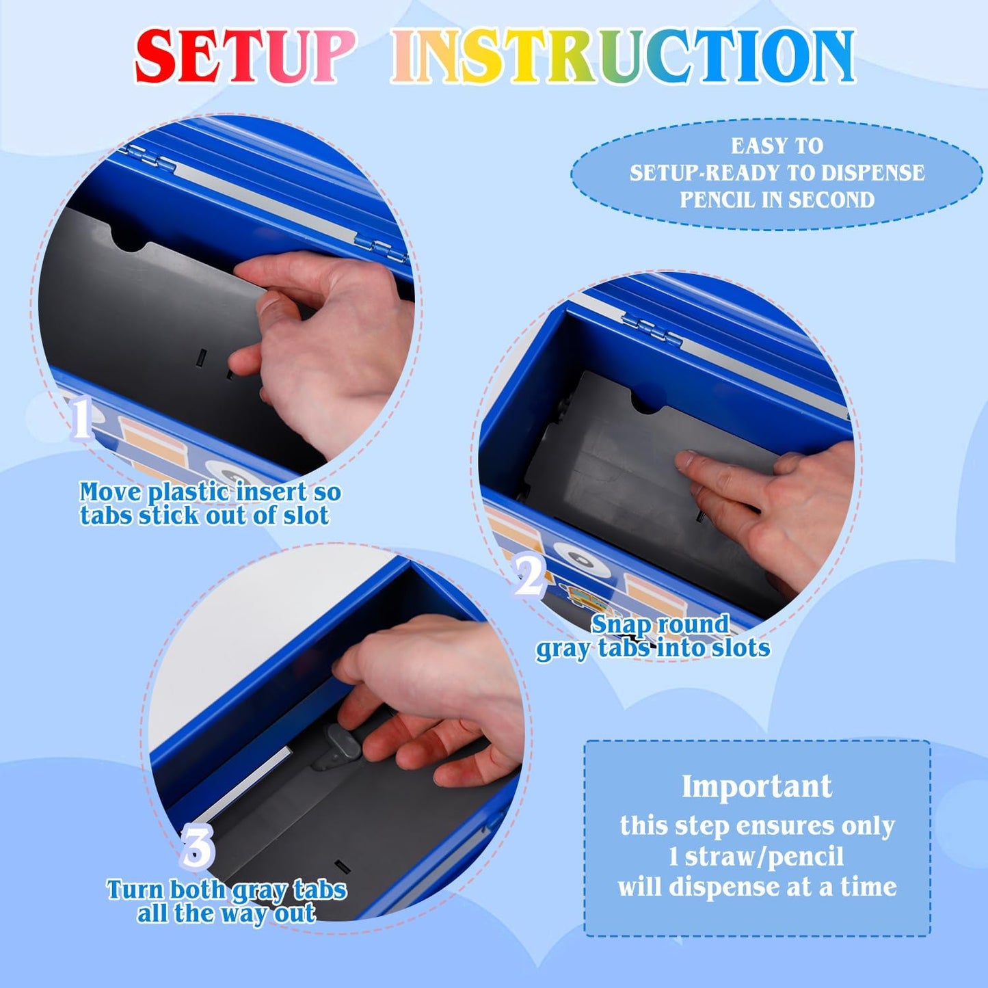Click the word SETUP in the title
[245, 55]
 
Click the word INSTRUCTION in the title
[623, 55]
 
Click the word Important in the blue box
[757, 786]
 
